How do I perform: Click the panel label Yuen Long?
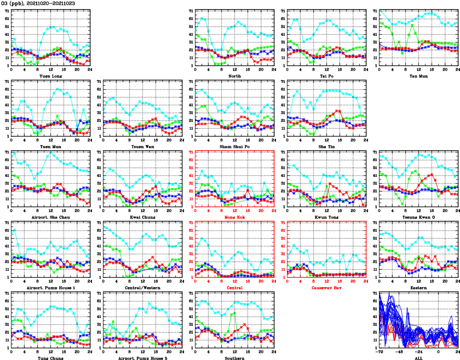point(50,76)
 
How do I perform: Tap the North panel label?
point(234,76)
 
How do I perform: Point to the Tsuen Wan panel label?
point(142,146)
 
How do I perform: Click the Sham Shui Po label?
point(234,146)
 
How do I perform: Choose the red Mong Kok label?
point(234,217)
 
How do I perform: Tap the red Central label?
point(234,288)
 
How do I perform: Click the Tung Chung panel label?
point(50,358)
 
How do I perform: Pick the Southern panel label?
point(234,358)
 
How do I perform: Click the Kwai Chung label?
point(142,217)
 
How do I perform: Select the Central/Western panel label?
point(142,288)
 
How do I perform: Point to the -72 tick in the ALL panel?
point(380,352)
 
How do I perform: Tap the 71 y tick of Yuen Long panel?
point(6,10)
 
